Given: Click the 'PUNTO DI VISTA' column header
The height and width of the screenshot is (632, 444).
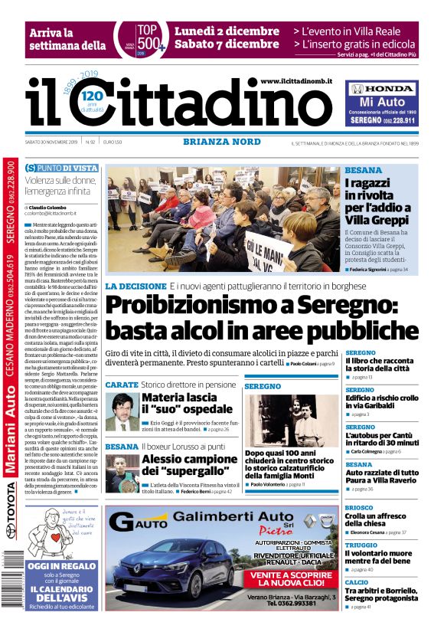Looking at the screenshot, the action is (61, 168).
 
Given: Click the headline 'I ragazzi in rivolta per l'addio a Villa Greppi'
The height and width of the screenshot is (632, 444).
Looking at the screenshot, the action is (377, 201).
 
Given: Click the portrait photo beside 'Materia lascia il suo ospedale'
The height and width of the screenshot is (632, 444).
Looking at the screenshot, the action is (121, 411).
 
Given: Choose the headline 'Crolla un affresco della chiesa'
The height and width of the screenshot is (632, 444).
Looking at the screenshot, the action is (384, 519).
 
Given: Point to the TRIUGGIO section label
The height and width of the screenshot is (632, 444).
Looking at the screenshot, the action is (361, 545).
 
